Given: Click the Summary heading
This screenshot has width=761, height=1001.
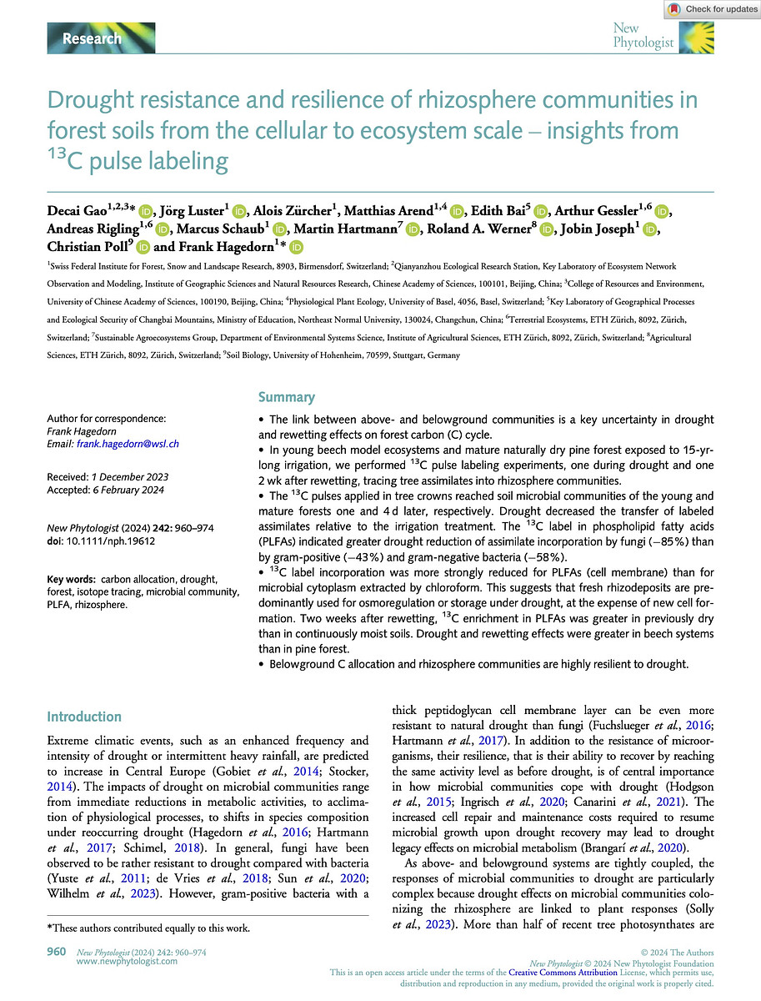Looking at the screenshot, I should pyautogui.click(x=286, y=397).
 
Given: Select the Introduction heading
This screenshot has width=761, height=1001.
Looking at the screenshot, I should pyautogui.click(x=84, y=717).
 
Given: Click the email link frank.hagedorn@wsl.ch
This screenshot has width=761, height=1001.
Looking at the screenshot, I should pyautogui.click(x=128, y=445).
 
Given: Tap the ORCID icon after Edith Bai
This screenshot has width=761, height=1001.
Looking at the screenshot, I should pyautogui.click(x=539, y=189).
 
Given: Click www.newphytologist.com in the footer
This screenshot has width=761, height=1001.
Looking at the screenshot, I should pyautogui.click(x=126, y=961).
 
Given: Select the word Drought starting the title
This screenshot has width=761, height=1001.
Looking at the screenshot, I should pyautogui.click(x=86, y=101).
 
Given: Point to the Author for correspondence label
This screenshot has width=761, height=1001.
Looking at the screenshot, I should pyautogui.click(x=106, y=419).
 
